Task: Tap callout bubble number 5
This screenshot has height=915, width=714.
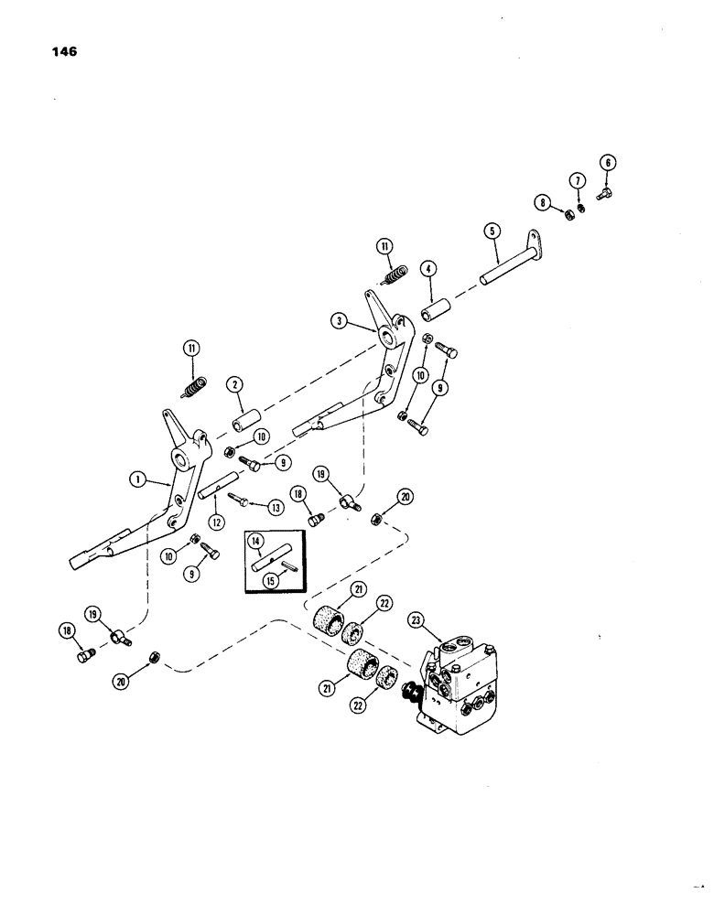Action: click(x=492, y=232)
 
